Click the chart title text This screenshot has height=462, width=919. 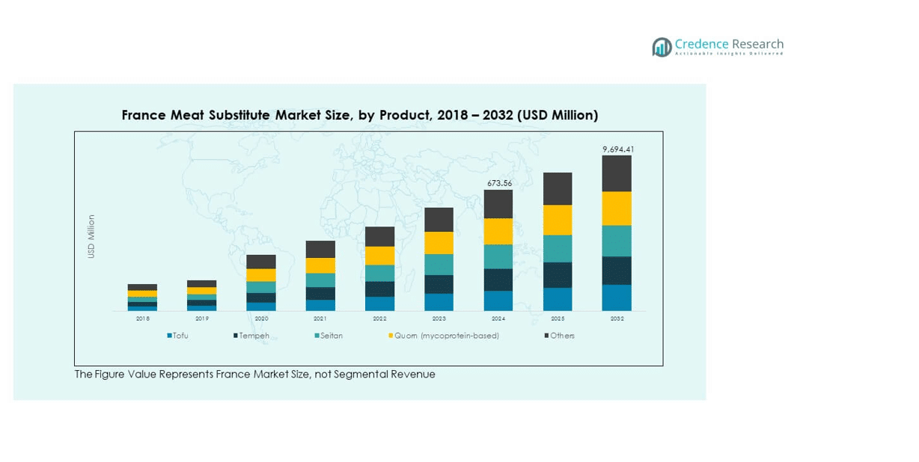coord(359,115)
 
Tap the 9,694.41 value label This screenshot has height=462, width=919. coord(618,150)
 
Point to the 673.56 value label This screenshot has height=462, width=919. coord(498,183)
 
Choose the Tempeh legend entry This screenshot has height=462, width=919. coord(254,336)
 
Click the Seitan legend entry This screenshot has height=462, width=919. coord(331,336)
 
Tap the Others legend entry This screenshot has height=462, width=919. coord(562,336)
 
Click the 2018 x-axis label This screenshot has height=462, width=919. coord(142,318)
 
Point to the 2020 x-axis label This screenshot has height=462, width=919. coord(261,318)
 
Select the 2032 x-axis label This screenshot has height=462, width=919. coord(617,318)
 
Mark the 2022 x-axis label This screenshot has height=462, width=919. coord(379,318)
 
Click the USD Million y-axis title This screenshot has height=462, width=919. coord(91,236)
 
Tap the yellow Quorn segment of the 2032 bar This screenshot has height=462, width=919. coord(617,209)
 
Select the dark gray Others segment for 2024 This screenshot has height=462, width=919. coord(498,204)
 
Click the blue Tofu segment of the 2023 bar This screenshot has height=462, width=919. coord(439,302)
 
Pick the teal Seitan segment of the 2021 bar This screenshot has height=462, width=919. coord(320,280)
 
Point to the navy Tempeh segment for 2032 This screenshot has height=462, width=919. coord(617,271)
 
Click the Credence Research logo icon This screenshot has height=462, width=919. coord(662,47)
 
